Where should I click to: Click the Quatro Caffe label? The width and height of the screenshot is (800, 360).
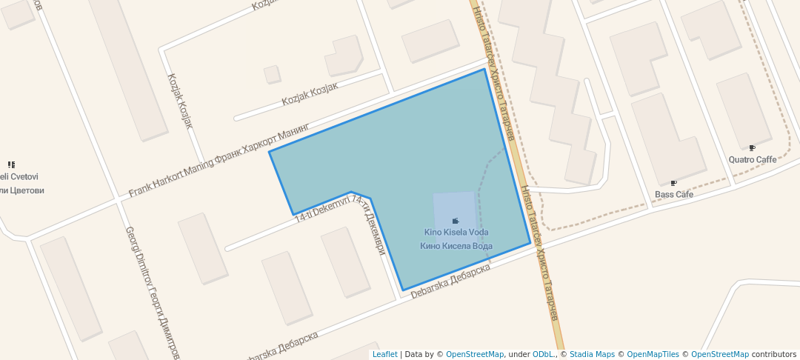[752, 159]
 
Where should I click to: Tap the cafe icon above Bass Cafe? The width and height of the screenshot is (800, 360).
[673, 183]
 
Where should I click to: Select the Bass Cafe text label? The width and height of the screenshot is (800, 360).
[673, 194]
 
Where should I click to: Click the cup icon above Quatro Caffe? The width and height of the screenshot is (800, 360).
[752, 148]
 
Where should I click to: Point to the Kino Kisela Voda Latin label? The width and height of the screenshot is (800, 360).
[456, 233]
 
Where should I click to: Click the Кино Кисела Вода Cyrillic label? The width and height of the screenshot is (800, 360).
[456, 246]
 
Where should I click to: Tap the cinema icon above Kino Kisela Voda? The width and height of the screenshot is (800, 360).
[455, 221]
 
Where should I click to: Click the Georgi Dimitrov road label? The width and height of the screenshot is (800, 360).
[152, 293]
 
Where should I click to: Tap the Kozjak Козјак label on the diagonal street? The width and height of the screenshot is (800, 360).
[310, 93]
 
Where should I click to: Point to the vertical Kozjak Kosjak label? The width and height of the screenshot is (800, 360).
[180, 101]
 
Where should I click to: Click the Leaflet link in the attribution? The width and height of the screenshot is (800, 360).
[384, 354]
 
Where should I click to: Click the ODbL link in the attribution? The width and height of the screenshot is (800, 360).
[543, 354]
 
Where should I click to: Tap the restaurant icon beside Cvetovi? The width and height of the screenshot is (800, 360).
[11, 164]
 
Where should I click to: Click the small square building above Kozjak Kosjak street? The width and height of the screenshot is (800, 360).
[272, 74]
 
